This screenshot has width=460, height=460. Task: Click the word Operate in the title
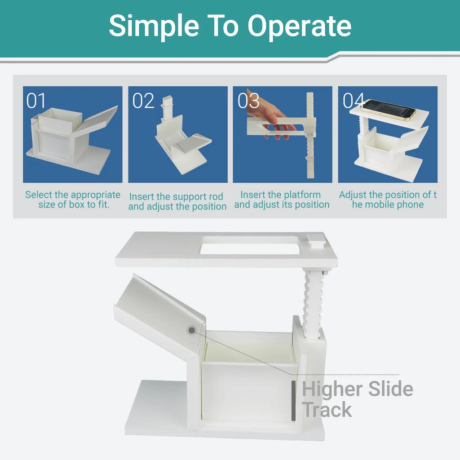pyautogui.click(x=299, y=27)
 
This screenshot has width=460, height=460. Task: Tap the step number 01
pyautogui.click(x=36, y=101)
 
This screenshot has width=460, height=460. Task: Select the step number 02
pyautogui.click(x=143, y=101)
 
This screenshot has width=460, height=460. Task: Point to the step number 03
pyautogui.click(x=248, y=101)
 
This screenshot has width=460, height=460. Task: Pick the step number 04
pyautogui.click(x=354, y=101)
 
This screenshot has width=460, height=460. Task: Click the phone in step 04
pyautogui.click(x=388, y=110)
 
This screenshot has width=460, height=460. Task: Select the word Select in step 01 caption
pyautogui.click(x=39, y=195)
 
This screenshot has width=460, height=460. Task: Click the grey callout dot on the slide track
pyautogui.click(x=191, y=330)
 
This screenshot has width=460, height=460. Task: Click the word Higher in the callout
pyautogui.click(x=333, y=389)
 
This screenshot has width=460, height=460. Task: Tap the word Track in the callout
pyautogui.click(x=327, y=410)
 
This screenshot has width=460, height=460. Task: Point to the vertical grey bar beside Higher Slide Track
pyautogui.click(x=293, y=400)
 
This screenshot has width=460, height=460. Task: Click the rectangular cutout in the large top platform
pyautogui.click(x=250, y=246)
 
